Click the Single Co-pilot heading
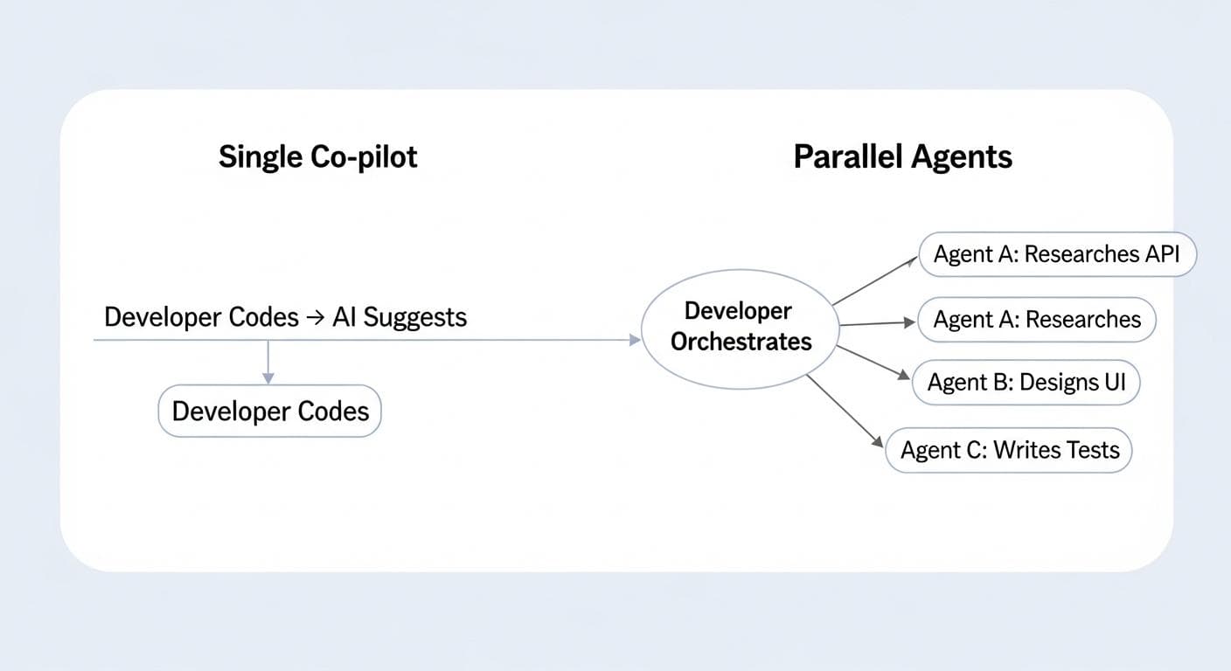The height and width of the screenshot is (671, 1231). [x=317, y=157]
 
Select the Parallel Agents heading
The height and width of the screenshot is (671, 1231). [x=902, y=157]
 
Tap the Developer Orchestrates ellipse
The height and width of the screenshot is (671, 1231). [x=741, y=327]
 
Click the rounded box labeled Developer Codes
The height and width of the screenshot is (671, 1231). [x=269, y=412]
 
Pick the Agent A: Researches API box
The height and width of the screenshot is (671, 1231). [x=1056, y=254]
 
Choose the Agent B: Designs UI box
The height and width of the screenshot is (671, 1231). [x=1026, y=383]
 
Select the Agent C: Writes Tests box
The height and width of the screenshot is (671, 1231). [x=1009, y=450]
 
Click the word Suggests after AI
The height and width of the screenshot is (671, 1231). [x=414, y=317]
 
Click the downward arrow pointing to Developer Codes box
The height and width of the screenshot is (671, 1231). [x=268, y=363]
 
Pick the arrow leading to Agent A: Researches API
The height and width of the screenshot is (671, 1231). [x=877, y=280]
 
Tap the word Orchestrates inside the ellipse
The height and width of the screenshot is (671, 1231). [x=741, y=342]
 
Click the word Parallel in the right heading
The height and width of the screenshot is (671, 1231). [x=845, y=157]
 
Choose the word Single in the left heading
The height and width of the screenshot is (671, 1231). [x=259, y=157]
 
